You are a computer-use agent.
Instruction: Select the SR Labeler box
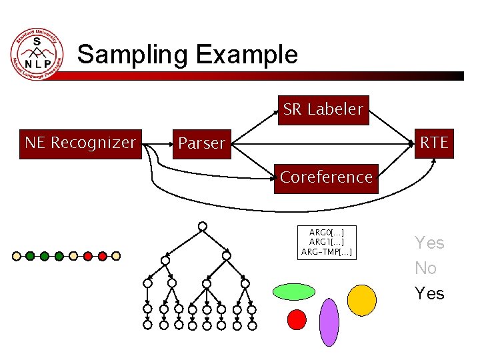(323, 109)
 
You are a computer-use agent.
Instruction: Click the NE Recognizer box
(81, 143)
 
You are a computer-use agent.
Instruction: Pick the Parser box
(202, 144)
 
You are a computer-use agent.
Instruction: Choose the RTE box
(434, 143)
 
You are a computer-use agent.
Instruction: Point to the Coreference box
(326, 177)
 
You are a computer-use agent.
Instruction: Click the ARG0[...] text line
(327, 232)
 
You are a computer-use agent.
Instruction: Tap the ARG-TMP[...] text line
(327, 252)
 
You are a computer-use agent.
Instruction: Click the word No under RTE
(425, 268)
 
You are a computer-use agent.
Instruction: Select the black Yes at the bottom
(429, 293)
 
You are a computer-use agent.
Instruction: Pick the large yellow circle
(362, 300)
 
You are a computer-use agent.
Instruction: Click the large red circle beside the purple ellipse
(297, 320)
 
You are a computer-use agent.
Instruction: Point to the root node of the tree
(202, 226)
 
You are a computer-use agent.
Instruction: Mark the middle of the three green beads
(45, 255)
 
